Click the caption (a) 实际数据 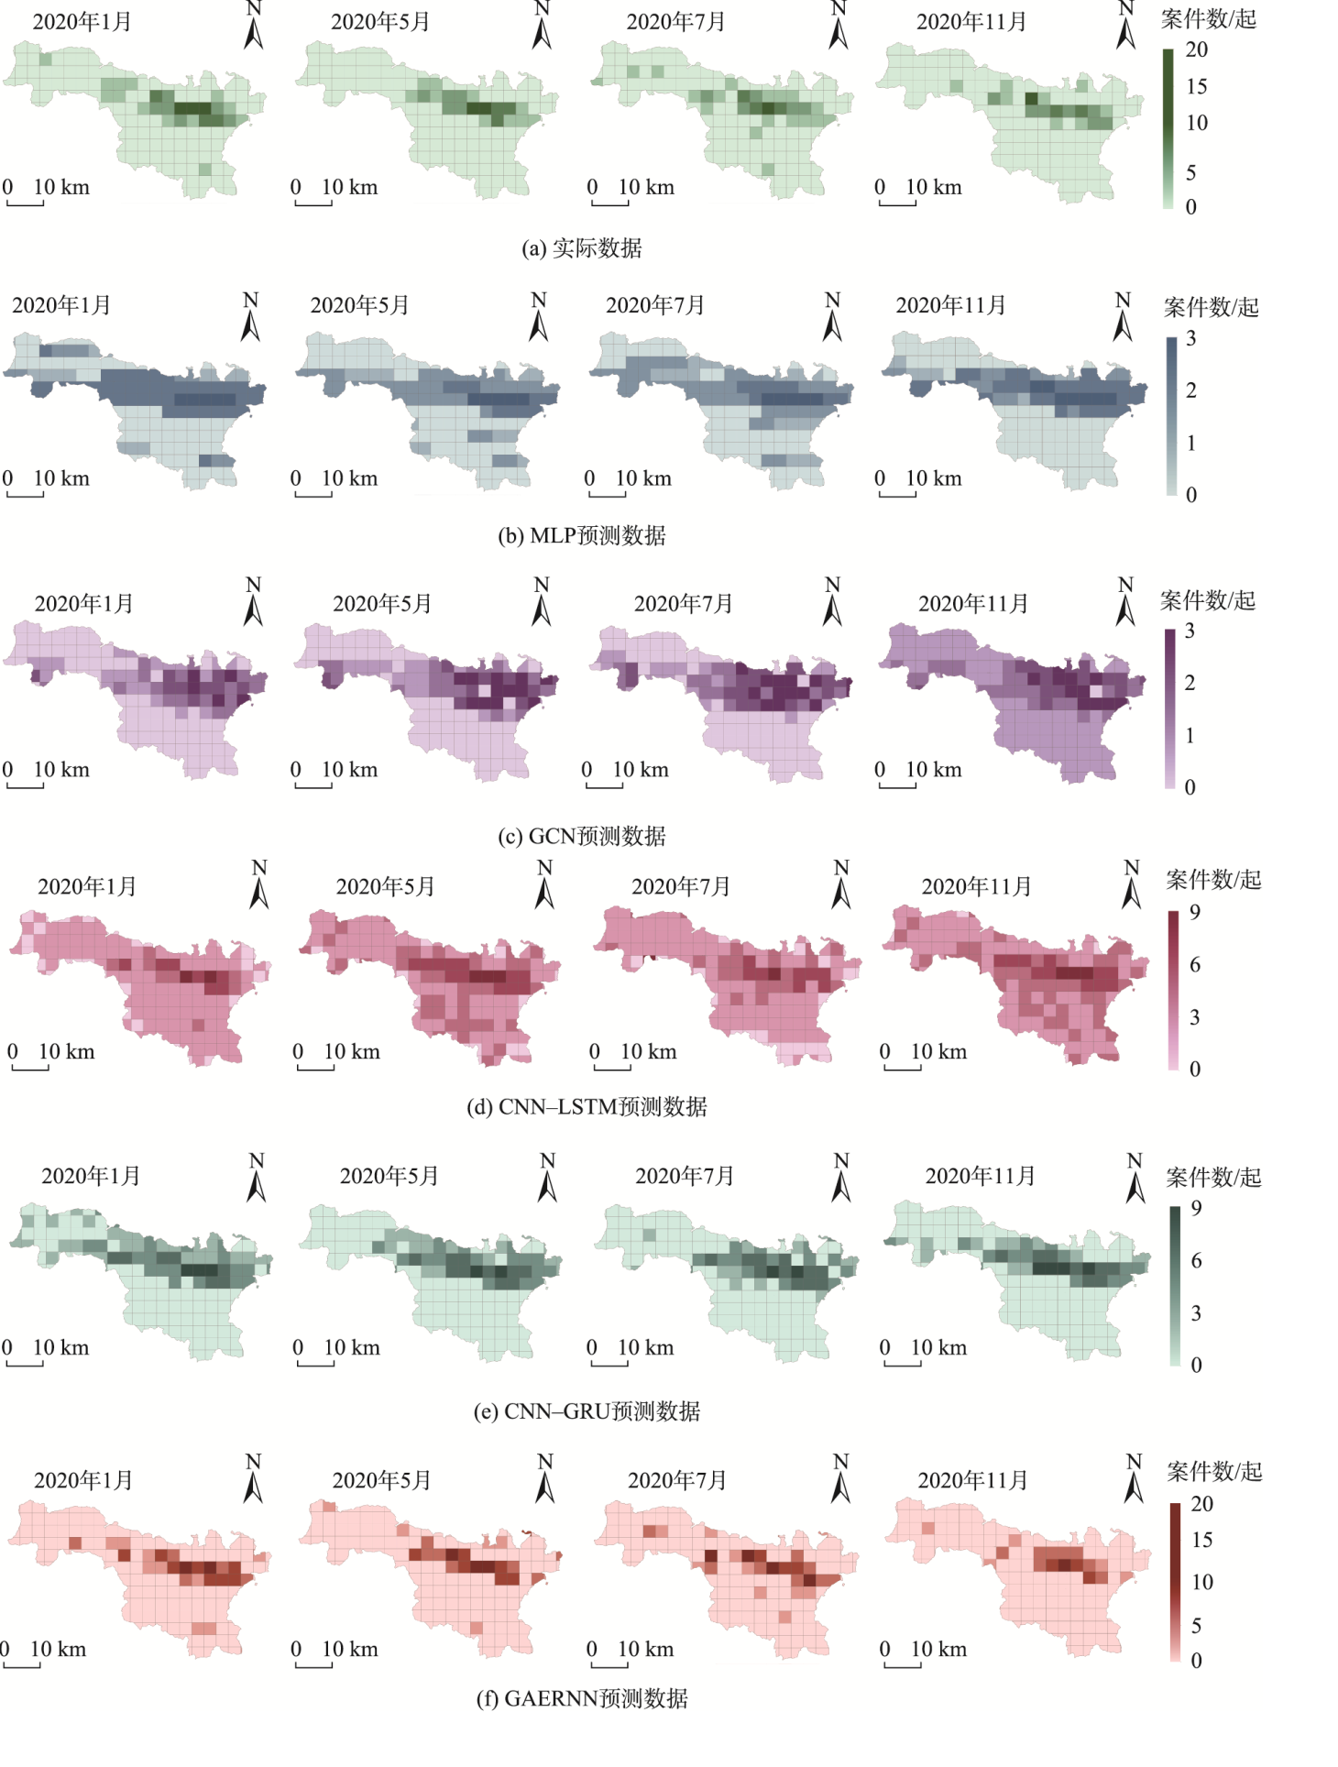click(582, 248)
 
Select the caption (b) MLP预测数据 click(582, 535)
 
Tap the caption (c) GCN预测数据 click(582, 836)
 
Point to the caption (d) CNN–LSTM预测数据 click(587, 1106)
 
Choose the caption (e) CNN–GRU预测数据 click(587, 1410)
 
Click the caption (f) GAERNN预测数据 click(582, 1698)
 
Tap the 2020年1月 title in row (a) click(82, 21)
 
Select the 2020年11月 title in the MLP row click(950, 305)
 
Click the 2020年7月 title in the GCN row click(683, 603)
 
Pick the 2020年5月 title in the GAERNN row click(381, 1480)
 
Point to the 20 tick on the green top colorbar click(1197, 49)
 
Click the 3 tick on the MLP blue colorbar click(1190, 338)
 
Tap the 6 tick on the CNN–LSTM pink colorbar click(1195, 964)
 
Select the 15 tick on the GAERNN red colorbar click(1201, 1540)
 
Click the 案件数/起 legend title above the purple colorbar click(1207, 600)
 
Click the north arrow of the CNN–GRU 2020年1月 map click(257, 1179)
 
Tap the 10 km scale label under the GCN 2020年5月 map click(349, 770)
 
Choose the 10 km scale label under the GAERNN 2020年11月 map click(938, 1649)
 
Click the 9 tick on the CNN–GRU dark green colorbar click(1196, 1208)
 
